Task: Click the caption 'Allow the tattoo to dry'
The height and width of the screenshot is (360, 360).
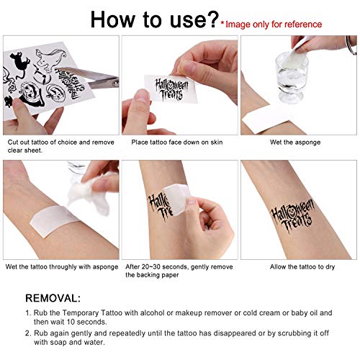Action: (x=296, y=267)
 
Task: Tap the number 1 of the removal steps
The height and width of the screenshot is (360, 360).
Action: (x=28, y=312)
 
